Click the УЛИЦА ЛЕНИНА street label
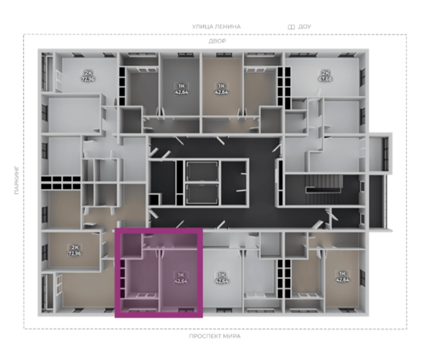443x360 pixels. (x=217, y=27)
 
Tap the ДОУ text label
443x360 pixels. (x=305, y=27)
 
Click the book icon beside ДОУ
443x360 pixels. (x=291, y=27)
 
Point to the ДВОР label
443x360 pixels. (x=217, y=41)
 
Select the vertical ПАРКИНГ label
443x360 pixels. (x=16, y=180)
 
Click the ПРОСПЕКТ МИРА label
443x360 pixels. (x=215, y=336)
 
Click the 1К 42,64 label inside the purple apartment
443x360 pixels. (x=181, y=278)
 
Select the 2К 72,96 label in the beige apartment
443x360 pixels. (x=74, y=251)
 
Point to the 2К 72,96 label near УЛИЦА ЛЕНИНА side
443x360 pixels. (x=88, y=76)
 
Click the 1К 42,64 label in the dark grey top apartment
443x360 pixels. (x=181, y=89)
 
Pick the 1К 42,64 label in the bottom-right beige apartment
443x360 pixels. (x=342, y=277)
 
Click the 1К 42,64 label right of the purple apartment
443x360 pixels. (x=221, y=278)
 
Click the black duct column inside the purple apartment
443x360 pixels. (x=123, y=279)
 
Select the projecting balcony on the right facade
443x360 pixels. (x=380, y=152)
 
